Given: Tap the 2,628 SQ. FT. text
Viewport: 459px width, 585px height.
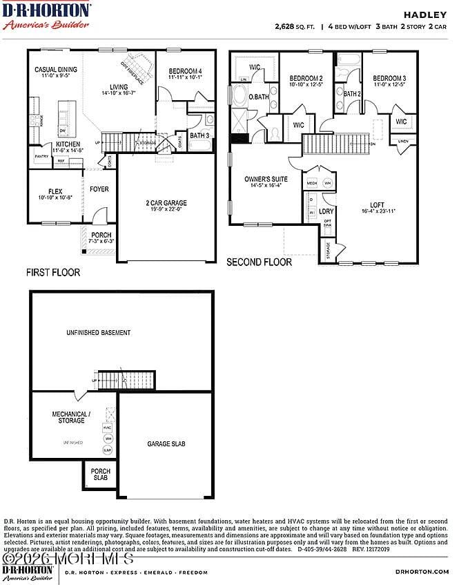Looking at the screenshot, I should [294, 27].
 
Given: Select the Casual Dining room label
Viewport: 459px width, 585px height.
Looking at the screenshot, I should [56, 70].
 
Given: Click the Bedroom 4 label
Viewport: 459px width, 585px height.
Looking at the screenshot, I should [184, 72].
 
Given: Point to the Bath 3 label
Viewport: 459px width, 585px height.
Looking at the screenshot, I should [199, 135].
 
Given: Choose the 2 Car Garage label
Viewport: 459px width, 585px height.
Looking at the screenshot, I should [166, 203].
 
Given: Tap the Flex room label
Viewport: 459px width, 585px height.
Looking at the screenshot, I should [55, 191].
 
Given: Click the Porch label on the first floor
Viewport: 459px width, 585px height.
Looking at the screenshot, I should [101, 236].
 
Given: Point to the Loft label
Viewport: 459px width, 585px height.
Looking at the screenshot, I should [377, 204].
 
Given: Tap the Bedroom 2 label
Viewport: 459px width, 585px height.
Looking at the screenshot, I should [306, 79].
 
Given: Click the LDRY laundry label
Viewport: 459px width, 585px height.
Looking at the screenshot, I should [326, 211].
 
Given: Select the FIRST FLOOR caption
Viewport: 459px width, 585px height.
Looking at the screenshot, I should [53, 272].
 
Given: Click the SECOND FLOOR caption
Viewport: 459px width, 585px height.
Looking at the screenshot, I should [260, 262].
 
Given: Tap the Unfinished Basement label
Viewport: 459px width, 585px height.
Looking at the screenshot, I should [98, 332].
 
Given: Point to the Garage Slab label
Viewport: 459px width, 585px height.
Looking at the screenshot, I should [166, 443].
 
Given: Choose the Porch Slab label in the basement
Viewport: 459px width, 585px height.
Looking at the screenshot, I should [101, 474].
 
